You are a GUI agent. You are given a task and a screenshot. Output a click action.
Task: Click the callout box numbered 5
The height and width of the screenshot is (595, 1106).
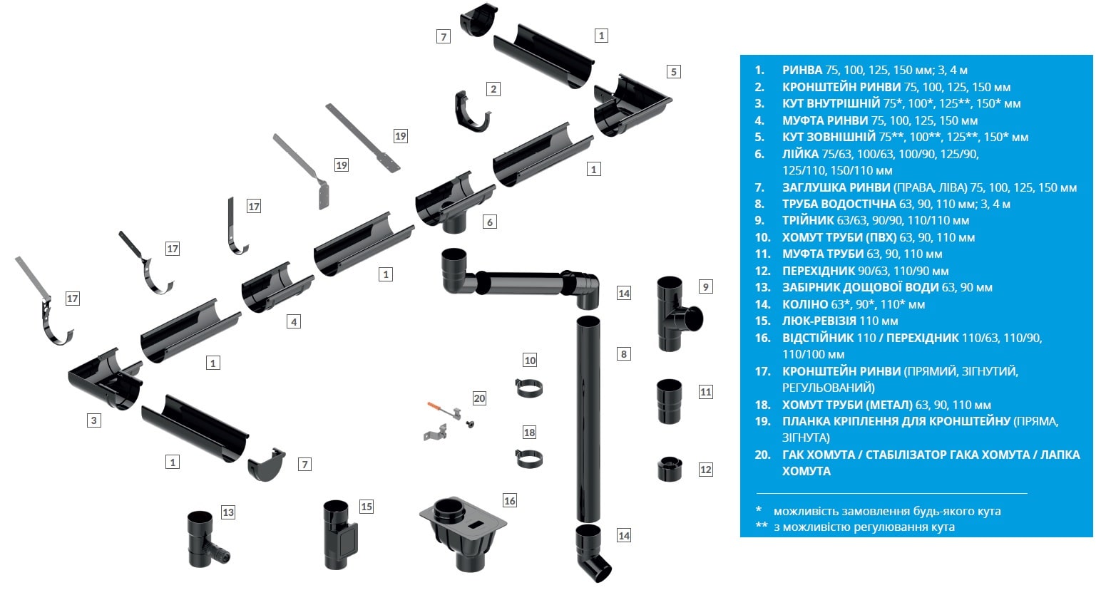[673, 71]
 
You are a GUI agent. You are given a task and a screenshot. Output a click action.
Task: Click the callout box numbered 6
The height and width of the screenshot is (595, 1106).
[489, 222]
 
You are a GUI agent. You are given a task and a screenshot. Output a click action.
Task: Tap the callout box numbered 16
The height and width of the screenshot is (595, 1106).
[509, 501]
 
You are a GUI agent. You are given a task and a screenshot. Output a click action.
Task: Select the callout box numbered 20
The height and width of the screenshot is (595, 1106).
[479, 398]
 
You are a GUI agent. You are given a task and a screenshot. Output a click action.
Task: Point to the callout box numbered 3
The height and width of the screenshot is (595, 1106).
[94, 420]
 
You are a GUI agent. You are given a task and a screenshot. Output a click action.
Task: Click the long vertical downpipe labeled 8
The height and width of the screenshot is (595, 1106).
[588, 420]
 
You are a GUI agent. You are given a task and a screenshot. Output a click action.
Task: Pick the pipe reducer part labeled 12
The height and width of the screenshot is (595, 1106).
[670, 469]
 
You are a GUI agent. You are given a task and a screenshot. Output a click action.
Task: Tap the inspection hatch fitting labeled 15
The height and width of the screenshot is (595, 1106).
[339, 535]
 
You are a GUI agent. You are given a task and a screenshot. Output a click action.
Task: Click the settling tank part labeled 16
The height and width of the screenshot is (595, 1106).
[463, 534]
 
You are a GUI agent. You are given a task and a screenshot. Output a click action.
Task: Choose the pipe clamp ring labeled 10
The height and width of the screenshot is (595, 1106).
[529, 388]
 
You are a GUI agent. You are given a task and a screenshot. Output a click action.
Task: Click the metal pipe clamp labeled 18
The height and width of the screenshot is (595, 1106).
[529, 459]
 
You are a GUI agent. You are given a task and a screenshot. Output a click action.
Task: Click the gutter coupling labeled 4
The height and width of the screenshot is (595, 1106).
[277, 287]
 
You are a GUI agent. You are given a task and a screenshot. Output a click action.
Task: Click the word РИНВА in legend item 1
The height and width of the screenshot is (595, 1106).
[802, 70]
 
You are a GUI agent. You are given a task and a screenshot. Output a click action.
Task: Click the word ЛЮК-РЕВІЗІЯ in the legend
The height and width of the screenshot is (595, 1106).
[819, 321]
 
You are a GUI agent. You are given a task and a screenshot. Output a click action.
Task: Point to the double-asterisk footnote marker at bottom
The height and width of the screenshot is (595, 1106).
[762, 525]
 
